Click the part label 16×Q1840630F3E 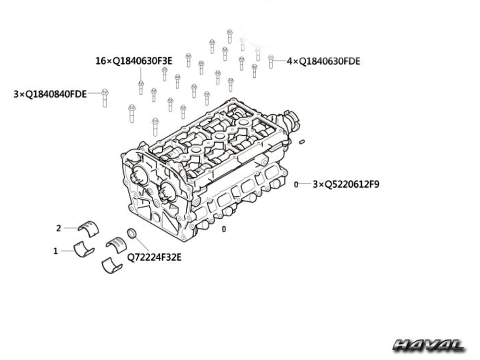[134, 61]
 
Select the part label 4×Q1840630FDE [323, 61]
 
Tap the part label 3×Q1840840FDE [50, 94]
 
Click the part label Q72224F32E [154, 257]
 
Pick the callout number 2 [59, 228]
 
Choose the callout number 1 [55, 251]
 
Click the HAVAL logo [429, 345]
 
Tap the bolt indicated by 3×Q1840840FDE [105, 98]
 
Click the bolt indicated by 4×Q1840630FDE [271, 61]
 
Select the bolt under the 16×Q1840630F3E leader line [141, 87]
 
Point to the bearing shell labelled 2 [88, 228]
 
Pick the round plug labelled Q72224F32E [132, 233]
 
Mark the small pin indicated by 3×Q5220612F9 [296, 184]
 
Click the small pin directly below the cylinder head [224, 229]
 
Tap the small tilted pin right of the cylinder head [302, 142]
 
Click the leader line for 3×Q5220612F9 [304, 184]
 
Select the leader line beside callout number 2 [71, 228]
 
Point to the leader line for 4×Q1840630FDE [279, 61]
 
